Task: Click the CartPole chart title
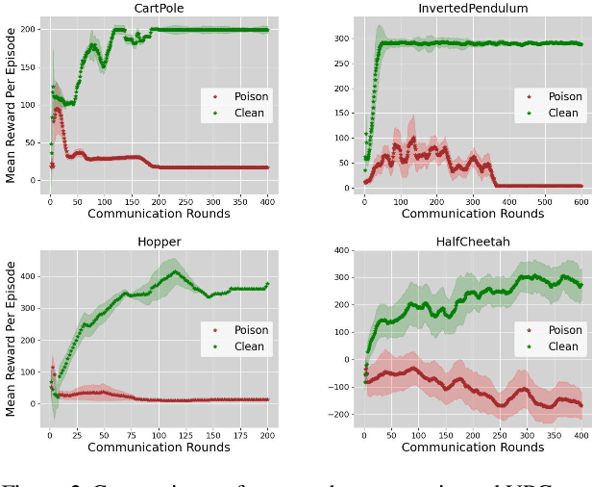coord(159,9)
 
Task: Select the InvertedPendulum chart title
coord(473,9)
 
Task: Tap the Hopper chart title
coord(159,243)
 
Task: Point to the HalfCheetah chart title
coord(473,243)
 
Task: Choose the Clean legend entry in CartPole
coord(246,113)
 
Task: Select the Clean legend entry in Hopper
coord(246,346)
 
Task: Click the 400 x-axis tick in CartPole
coord(267,200)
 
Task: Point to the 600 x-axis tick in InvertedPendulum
coord(580,200)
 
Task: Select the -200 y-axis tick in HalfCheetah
coord(340,414)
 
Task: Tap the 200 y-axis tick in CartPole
coord(30,30)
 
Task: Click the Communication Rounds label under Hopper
coord(159,448)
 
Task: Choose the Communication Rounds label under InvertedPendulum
coord(473,214)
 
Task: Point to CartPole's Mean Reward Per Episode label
coord(11,105)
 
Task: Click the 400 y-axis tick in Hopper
coord(30,276)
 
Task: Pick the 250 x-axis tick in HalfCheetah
coord(500,434)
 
